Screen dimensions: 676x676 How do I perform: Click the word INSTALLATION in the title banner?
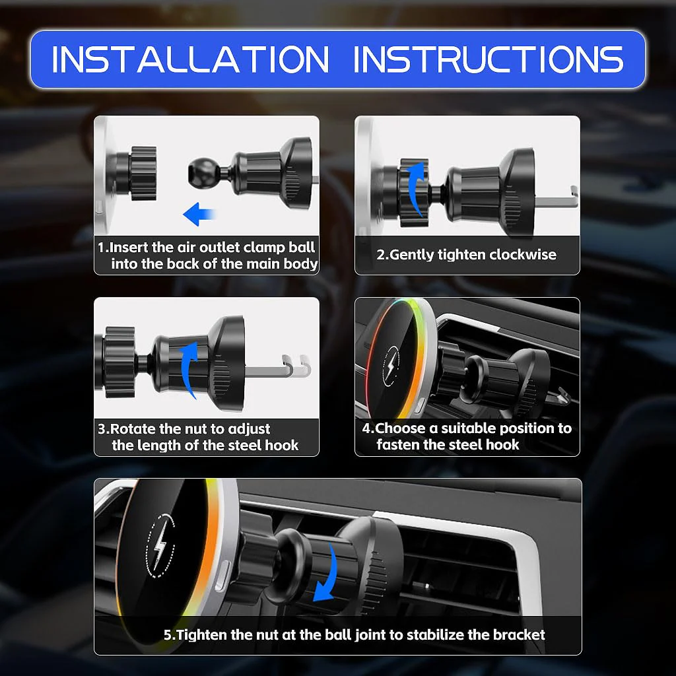click(190, 59)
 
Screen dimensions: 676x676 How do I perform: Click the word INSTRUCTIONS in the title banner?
click(489, 59)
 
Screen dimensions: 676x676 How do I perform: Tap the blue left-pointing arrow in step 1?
click(199, 214)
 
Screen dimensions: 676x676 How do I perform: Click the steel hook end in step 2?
click(574, 196)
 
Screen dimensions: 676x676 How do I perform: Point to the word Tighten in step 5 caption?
click(202, 635)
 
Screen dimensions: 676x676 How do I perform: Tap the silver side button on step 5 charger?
click(220, 575)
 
